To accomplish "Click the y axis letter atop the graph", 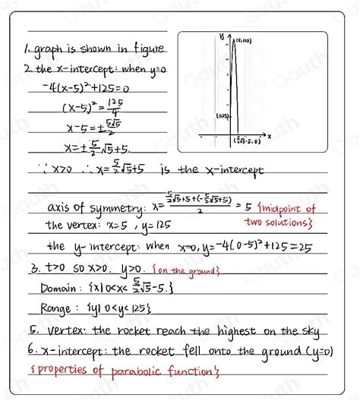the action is coord(221,35).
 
